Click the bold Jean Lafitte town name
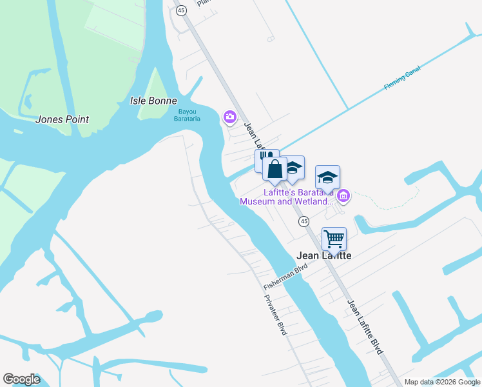pyautogui.click(x=323, y=255)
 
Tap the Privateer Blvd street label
pyautogui.click(x=275, y=315)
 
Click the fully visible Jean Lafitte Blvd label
pyautogui.click(x=365, y=326)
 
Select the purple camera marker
pyautogui.click(x=229, y=117)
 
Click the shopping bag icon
pyautogui.click(x=275, y=170)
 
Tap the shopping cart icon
pyautogui.click(x=334, y=239)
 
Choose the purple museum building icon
pyautogui.click(x=343, y=195)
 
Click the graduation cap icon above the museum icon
pyautogui.click(x=327, y=177)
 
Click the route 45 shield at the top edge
pyautogui.click(x=181, y=10)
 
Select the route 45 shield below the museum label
pyautogui.click(x=304, y=221)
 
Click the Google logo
pyautogui.click(x=21, y=379)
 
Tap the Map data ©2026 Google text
pyautogui.click(x=442, y=382)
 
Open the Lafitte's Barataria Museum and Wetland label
pyautogui.click(x=287, y=197)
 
